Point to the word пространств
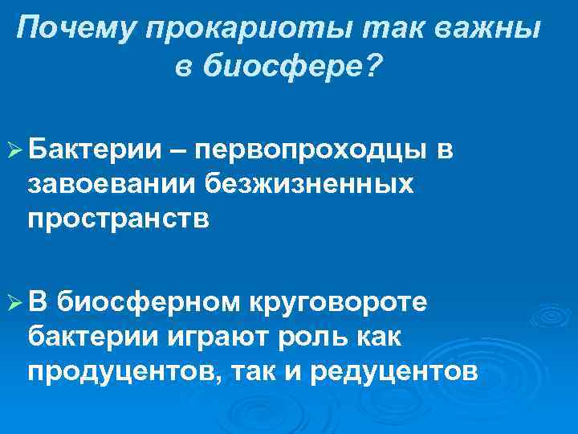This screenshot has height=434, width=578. coord(118,219)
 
